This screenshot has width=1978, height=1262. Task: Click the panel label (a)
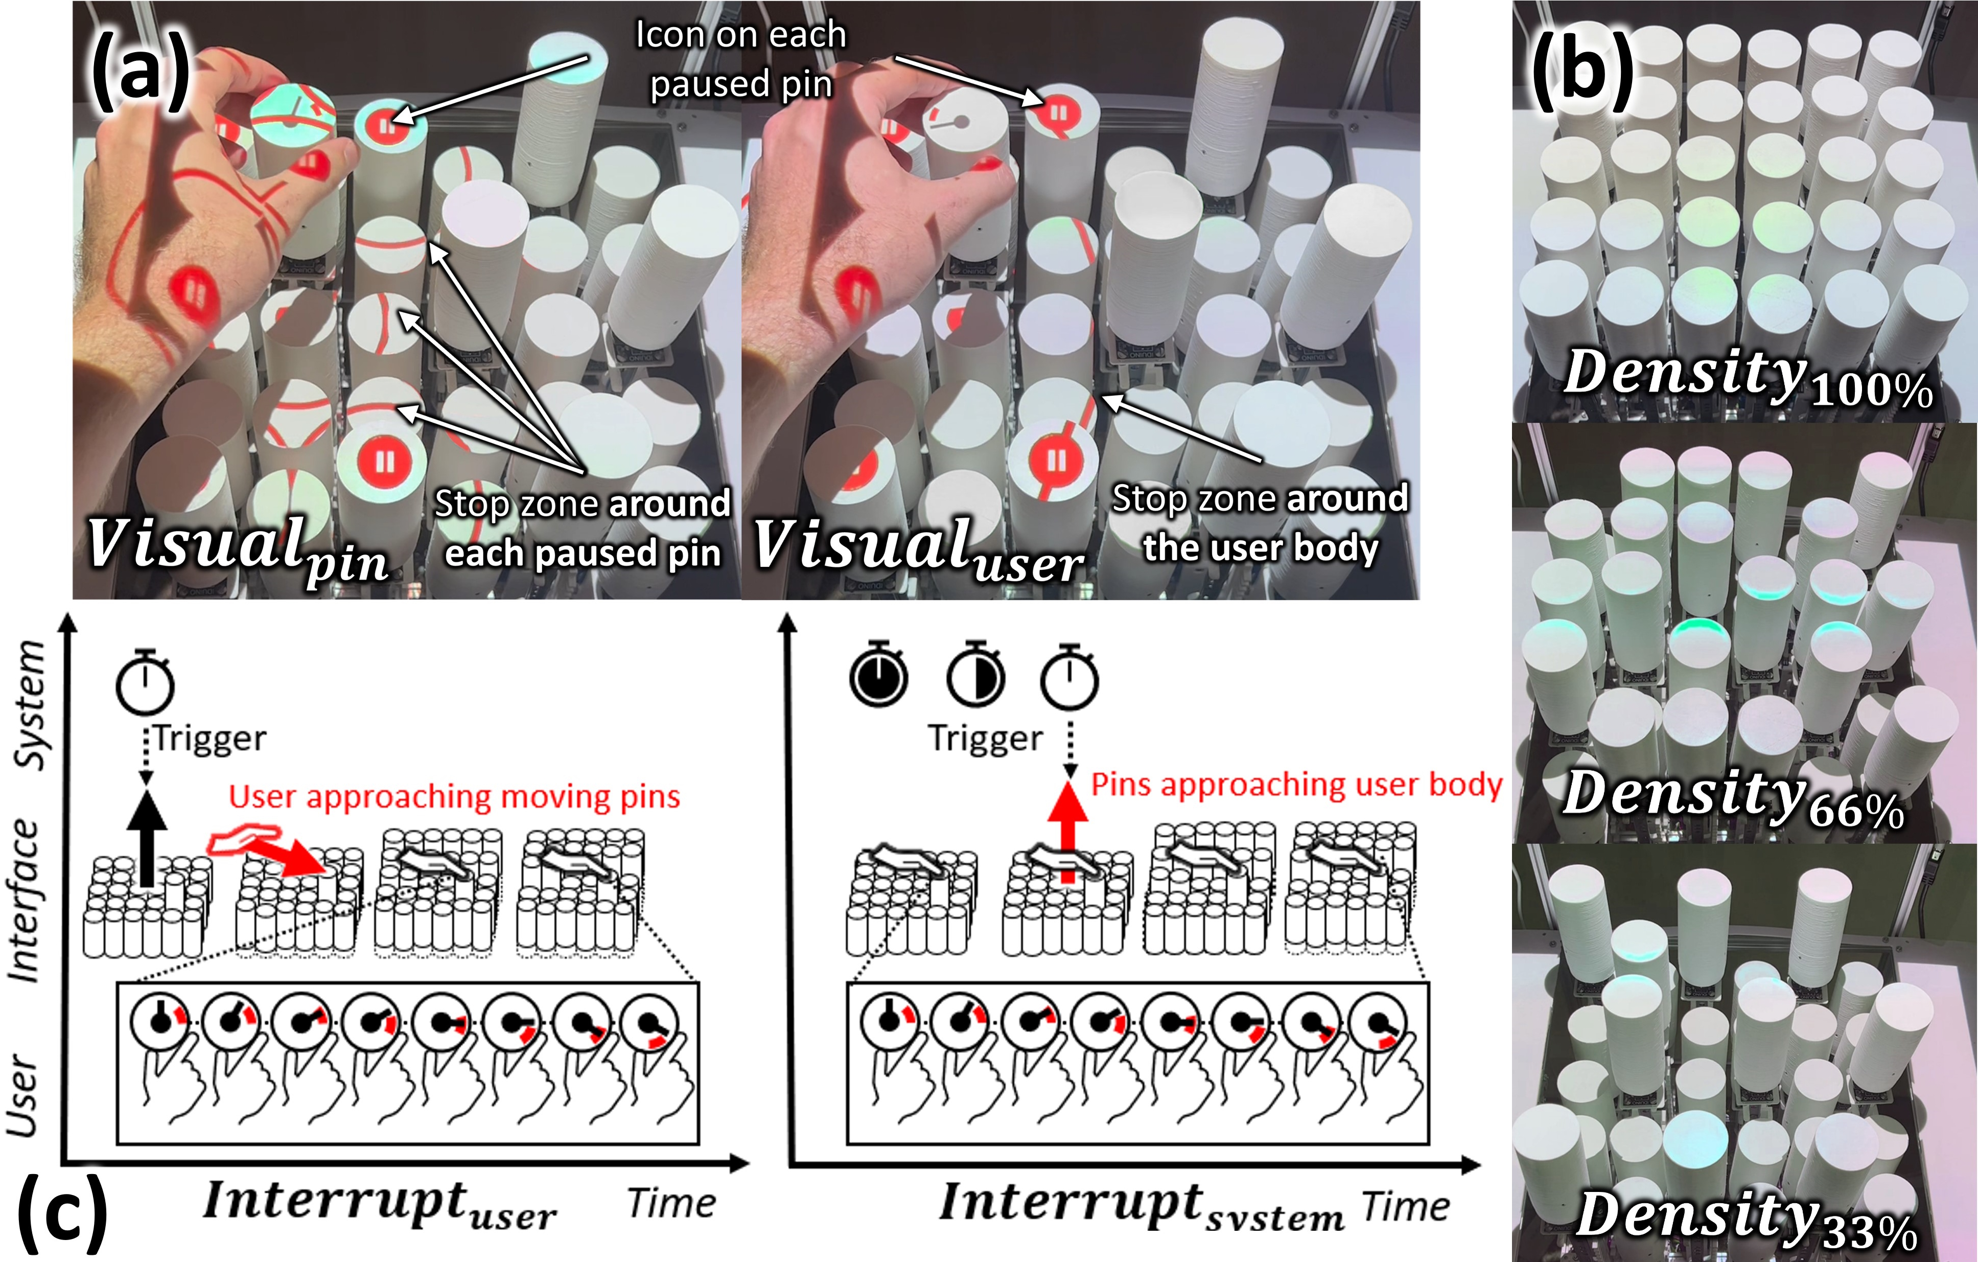[x=139, y=72]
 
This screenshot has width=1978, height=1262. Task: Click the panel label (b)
[x=1582, y=71]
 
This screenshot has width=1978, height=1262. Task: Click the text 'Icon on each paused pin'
[x=741, y=59]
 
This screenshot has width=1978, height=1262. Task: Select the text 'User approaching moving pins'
[x=454, y=797]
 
